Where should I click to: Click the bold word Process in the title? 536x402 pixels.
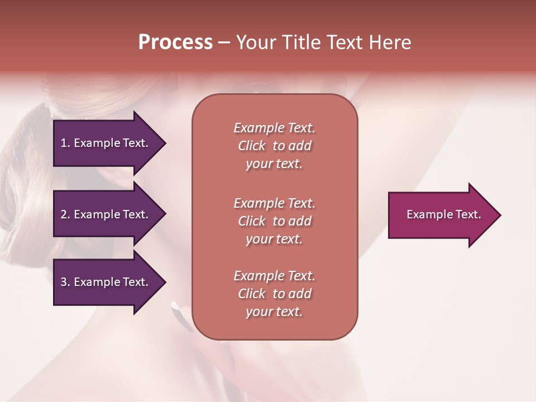tap(175, 42)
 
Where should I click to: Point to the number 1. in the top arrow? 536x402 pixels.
tap(65, 143)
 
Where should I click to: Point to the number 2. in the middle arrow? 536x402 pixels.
tap(65, 214)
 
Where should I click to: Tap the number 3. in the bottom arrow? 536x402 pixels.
tap(65, 282)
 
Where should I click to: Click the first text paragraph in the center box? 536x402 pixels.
tap(274, 146)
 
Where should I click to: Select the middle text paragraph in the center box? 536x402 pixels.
tap(274, 221)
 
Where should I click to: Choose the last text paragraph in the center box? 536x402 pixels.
tap(274, 294)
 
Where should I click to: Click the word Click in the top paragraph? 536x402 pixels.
tap(251, 146)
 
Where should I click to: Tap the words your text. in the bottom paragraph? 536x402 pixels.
tap(274, 312)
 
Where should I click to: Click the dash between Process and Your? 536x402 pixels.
tap(224, 43)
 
